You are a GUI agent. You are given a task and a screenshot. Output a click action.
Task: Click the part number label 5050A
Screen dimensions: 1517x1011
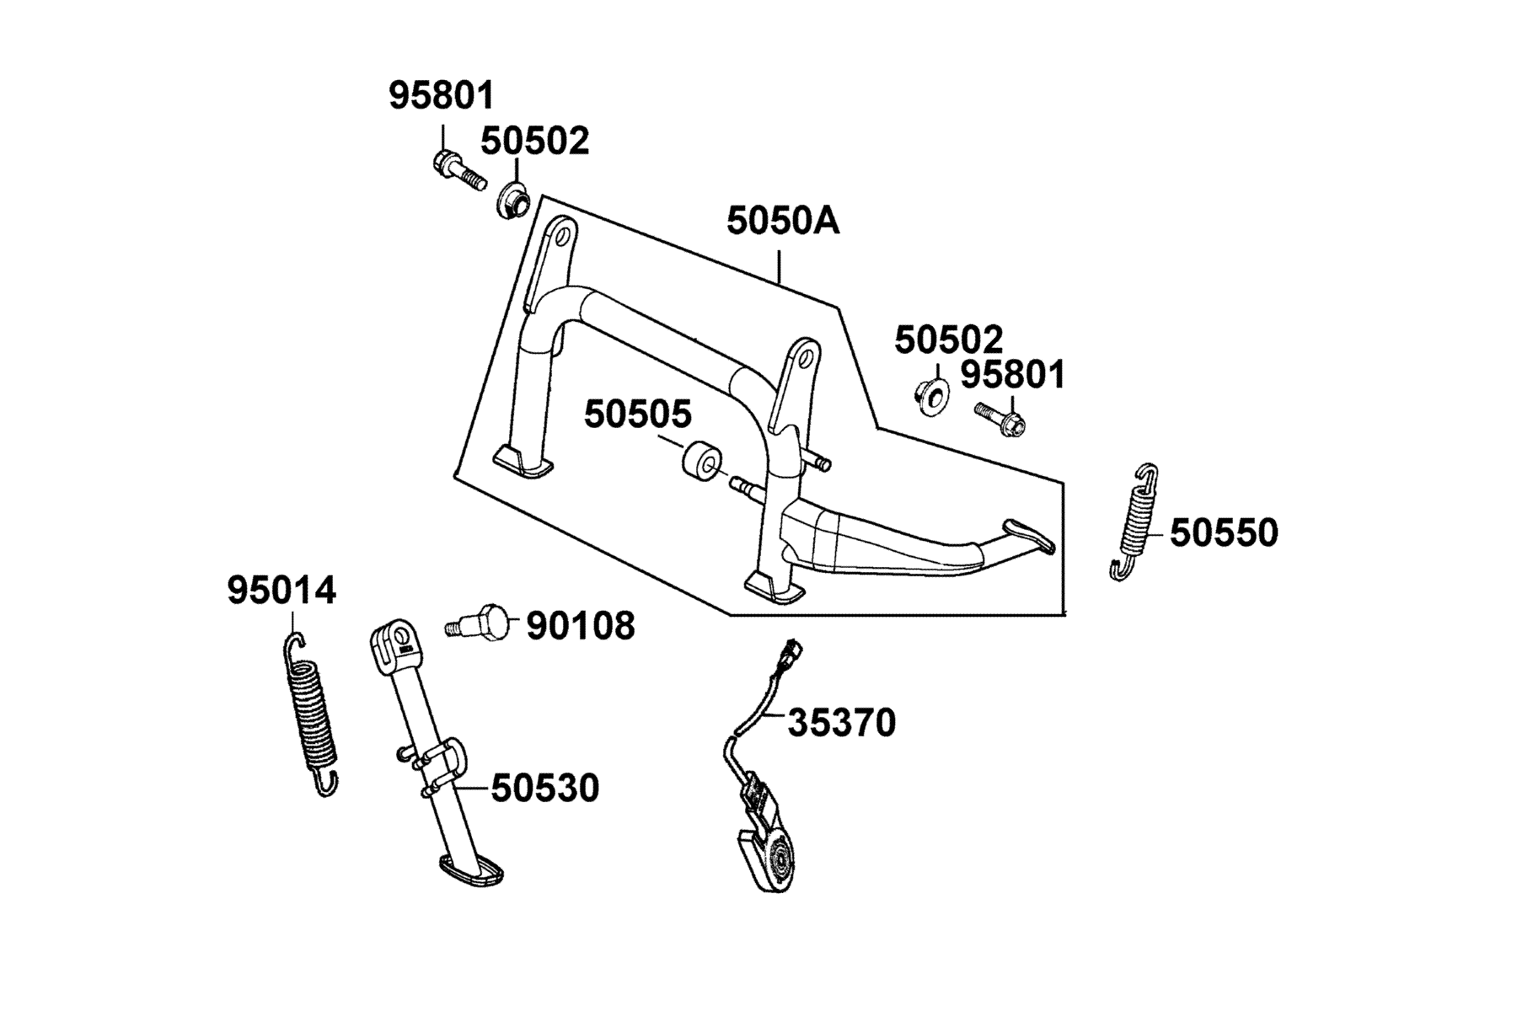783,222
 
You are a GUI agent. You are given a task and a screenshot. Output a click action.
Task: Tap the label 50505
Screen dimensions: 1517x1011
638,415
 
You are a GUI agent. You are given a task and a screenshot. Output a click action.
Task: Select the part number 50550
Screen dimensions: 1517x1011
1224,533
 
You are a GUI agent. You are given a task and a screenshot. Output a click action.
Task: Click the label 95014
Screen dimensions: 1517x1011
281,591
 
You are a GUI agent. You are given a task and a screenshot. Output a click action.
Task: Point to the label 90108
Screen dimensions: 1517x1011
581,626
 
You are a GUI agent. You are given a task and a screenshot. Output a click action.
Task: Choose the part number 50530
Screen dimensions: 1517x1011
545,789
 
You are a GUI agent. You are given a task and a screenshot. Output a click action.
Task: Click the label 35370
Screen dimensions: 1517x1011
841,723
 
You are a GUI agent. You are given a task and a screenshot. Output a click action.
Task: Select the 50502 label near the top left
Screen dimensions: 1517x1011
535,142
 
